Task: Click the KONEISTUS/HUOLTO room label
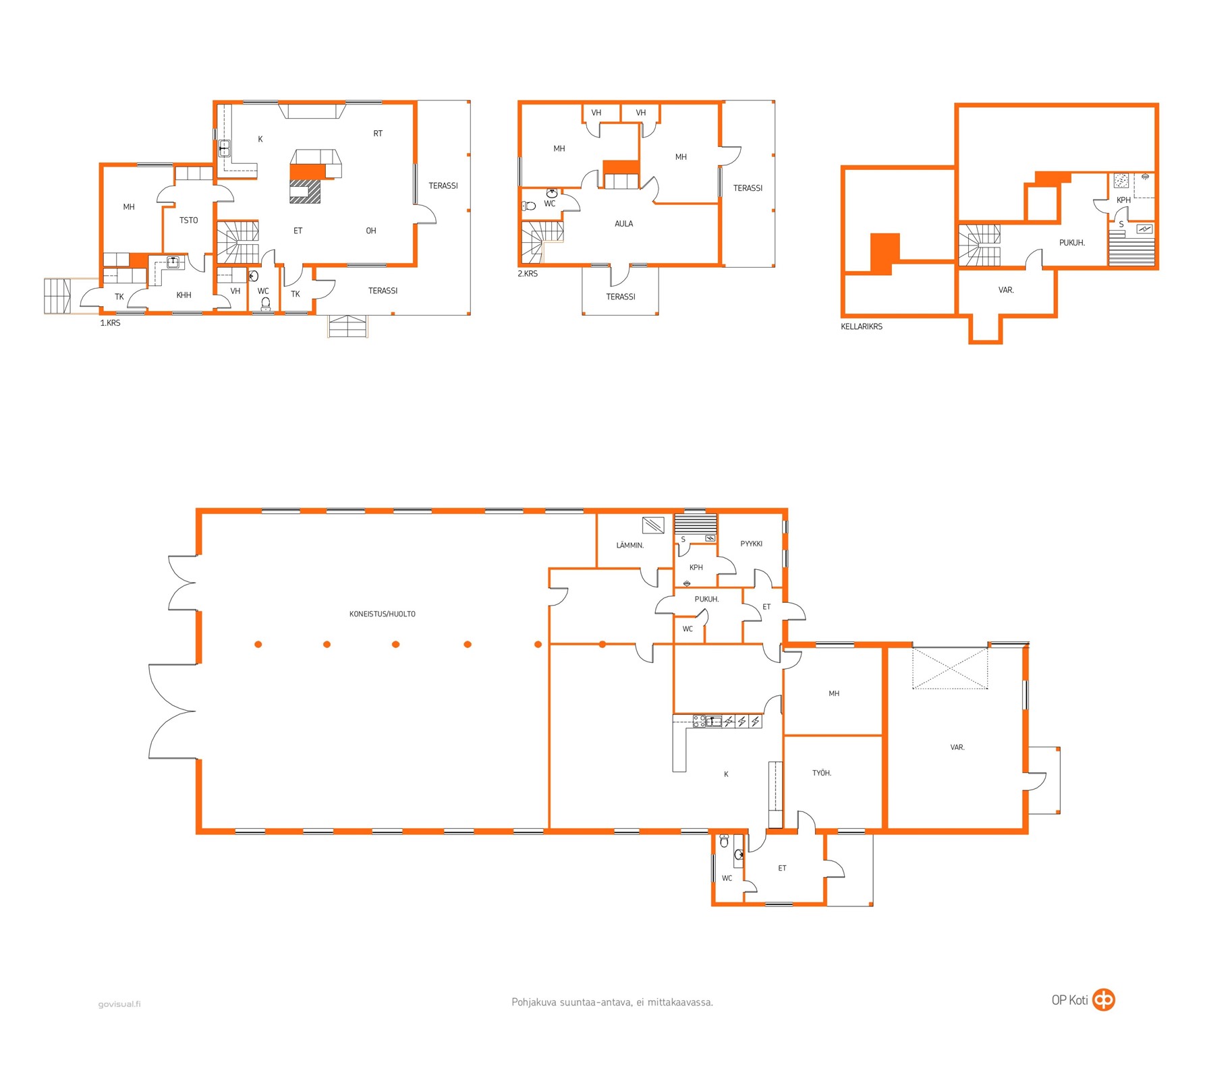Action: coord(382,614)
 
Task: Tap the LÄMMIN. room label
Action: coord(630,546)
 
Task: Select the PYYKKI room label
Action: coord(751,544)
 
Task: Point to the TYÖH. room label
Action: coord(822,773)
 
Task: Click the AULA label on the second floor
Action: coord(623,224)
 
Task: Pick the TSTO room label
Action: coord(189,221)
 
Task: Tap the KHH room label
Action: coord(184,295)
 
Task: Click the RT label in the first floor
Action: coord(378,134)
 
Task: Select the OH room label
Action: coord(371,231)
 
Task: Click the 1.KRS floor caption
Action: coord(111,323)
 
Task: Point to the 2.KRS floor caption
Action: coord(528,274)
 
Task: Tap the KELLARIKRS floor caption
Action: coord(862,326)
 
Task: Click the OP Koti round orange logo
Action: coord(1104,999)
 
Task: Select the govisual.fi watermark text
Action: coord(119,1004)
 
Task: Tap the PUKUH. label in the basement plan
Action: coord(1071,243)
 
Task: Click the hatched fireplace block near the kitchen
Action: coord(305,191)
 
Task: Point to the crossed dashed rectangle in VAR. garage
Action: coord(950,668)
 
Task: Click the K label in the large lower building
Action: coord(726,774)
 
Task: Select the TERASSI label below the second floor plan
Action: coord(621,297)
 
